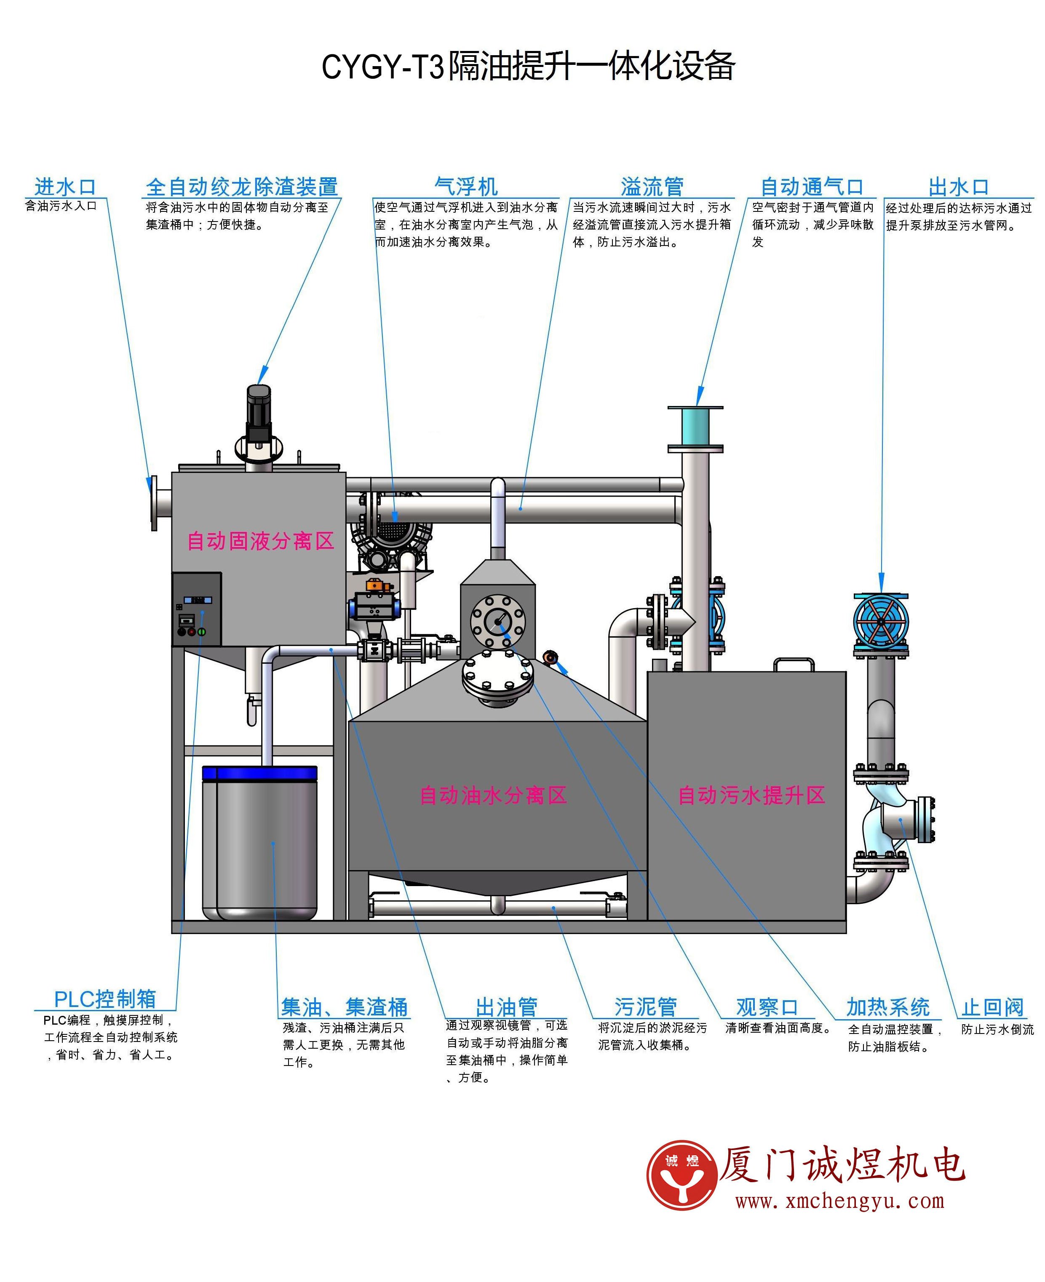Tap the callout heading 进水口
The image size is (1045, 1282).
(x=65, y=187)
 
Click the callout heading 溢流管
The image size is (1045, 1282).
(x=652, y=187)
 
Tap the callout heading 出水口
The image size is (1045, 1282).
(x=958, y=187)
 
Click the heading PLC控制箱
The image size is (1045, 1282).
(x=105, y=999)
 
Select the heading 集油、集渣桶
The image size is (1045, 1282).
(x=344, y=1007)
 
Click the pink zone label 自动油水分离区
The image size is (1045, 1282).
(x=493, y=796)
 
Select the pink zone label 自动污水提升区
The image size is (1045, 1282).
(x=751, y=796)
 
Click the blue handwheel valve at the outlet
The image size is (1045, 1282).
(x=881, y=622)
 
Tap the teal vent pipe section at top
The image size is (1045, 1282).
(x=695, y=427)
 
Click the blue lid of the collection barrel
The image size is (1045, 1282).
(x=259, y=773)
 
